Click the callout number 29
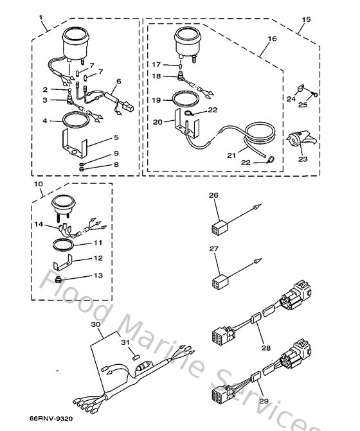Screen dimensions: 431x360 pos(263,401)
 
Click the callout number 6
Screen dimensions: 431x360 pos(119,82)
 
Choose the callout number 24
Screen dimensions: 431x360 pos(291,100)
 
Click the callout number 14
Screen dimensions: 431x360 pos(40,224)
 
